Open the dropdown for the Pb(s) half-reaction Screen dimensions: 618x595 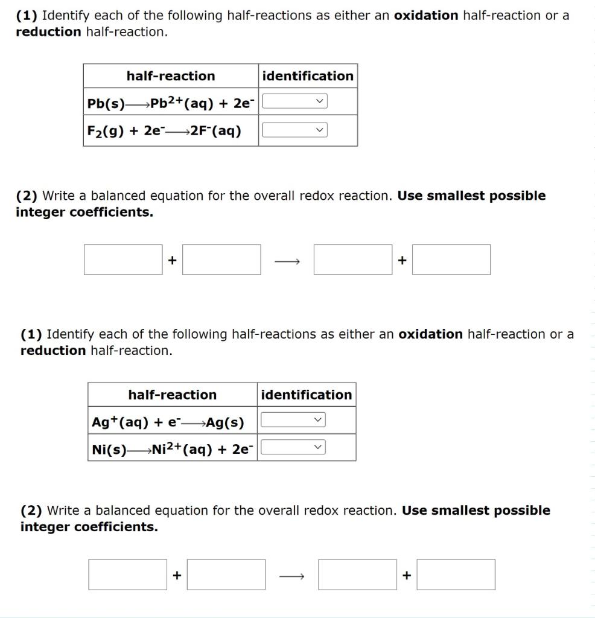295,101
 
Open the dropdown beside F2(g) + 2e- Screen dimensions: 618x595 295,130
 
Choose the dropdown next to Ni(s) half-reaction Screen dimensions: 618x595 293,447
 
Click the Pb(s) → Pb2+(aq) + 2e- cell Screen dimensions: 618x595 170,103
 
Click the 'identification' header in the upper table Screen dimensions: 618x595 308,76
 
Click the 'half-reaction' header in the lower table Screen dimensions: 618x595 172,395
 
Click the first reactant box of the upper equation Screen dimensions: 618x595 123,260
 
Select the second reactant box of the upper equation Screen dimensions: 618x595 221,260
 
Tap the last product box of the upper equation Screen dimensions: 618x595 451,260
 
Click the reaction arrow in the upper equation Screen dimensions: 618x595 287,261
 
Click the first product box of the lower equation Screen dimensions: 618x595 358,575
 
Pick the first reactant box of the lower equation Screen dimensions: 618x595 128,575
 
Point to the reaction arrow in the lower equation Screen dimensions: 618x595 291,576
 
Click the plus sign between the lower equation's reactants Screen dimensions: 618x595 177,575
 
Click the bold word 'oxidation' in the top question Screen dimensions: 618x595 426,16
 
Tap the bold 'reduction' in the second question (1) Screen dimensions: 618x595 53,351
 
